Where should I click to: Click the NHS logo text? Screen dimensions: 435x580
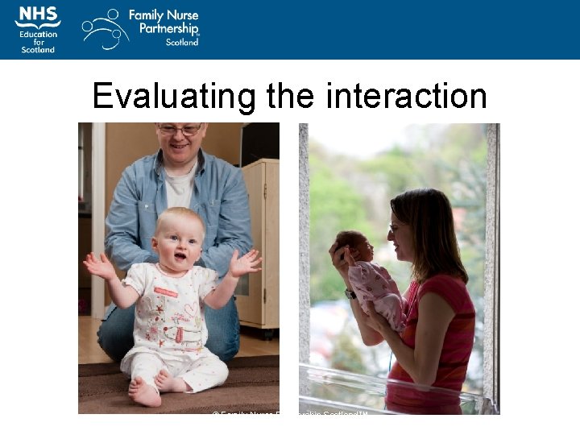(37, 14)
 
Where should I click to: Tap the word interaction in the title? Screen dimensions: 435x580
(406, 96)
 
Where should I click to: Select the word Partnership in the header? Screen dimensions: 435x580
(164, 29)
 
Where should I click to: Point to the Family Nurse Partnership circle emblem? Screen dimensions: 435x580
(105, 29)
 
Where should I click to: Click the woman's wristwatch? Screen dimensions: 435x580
(350, 294)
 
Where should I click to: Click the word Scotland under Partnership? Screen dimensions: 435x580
(181, 42)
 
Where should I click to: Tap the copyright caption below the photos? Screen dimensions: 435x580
(290, 413)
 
